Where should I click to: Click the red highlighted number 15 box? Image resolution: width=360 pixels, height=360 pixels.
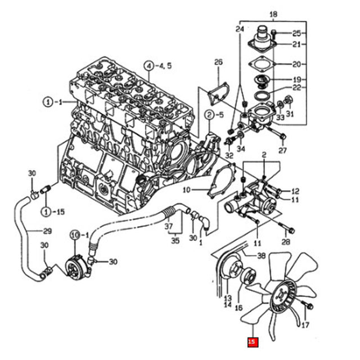pyautogui.click(x=253, y=341)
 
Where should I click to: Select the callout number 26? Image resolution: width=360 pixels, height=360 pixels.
pyautogui.click(x=219, y=61)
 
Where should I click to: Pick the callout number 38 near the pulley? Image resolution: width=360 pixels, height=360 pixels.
pyautogui.click(x=261, y=256)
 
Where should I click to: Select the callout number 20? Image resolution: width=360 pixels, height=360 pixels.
pyautogui.click(x=296, y=65)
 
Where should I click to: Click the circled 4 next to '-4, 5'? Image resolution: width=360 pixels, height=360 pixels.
pyautogui.click(x=148, y=65)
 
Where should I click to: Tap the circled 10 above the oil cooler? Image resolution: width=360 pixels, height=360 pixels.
pyautogui.click(x=75, y=234)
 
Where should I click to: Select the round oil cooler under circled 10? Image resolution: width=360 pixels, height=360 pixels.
pyautogui.click(x=74, y=262)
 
